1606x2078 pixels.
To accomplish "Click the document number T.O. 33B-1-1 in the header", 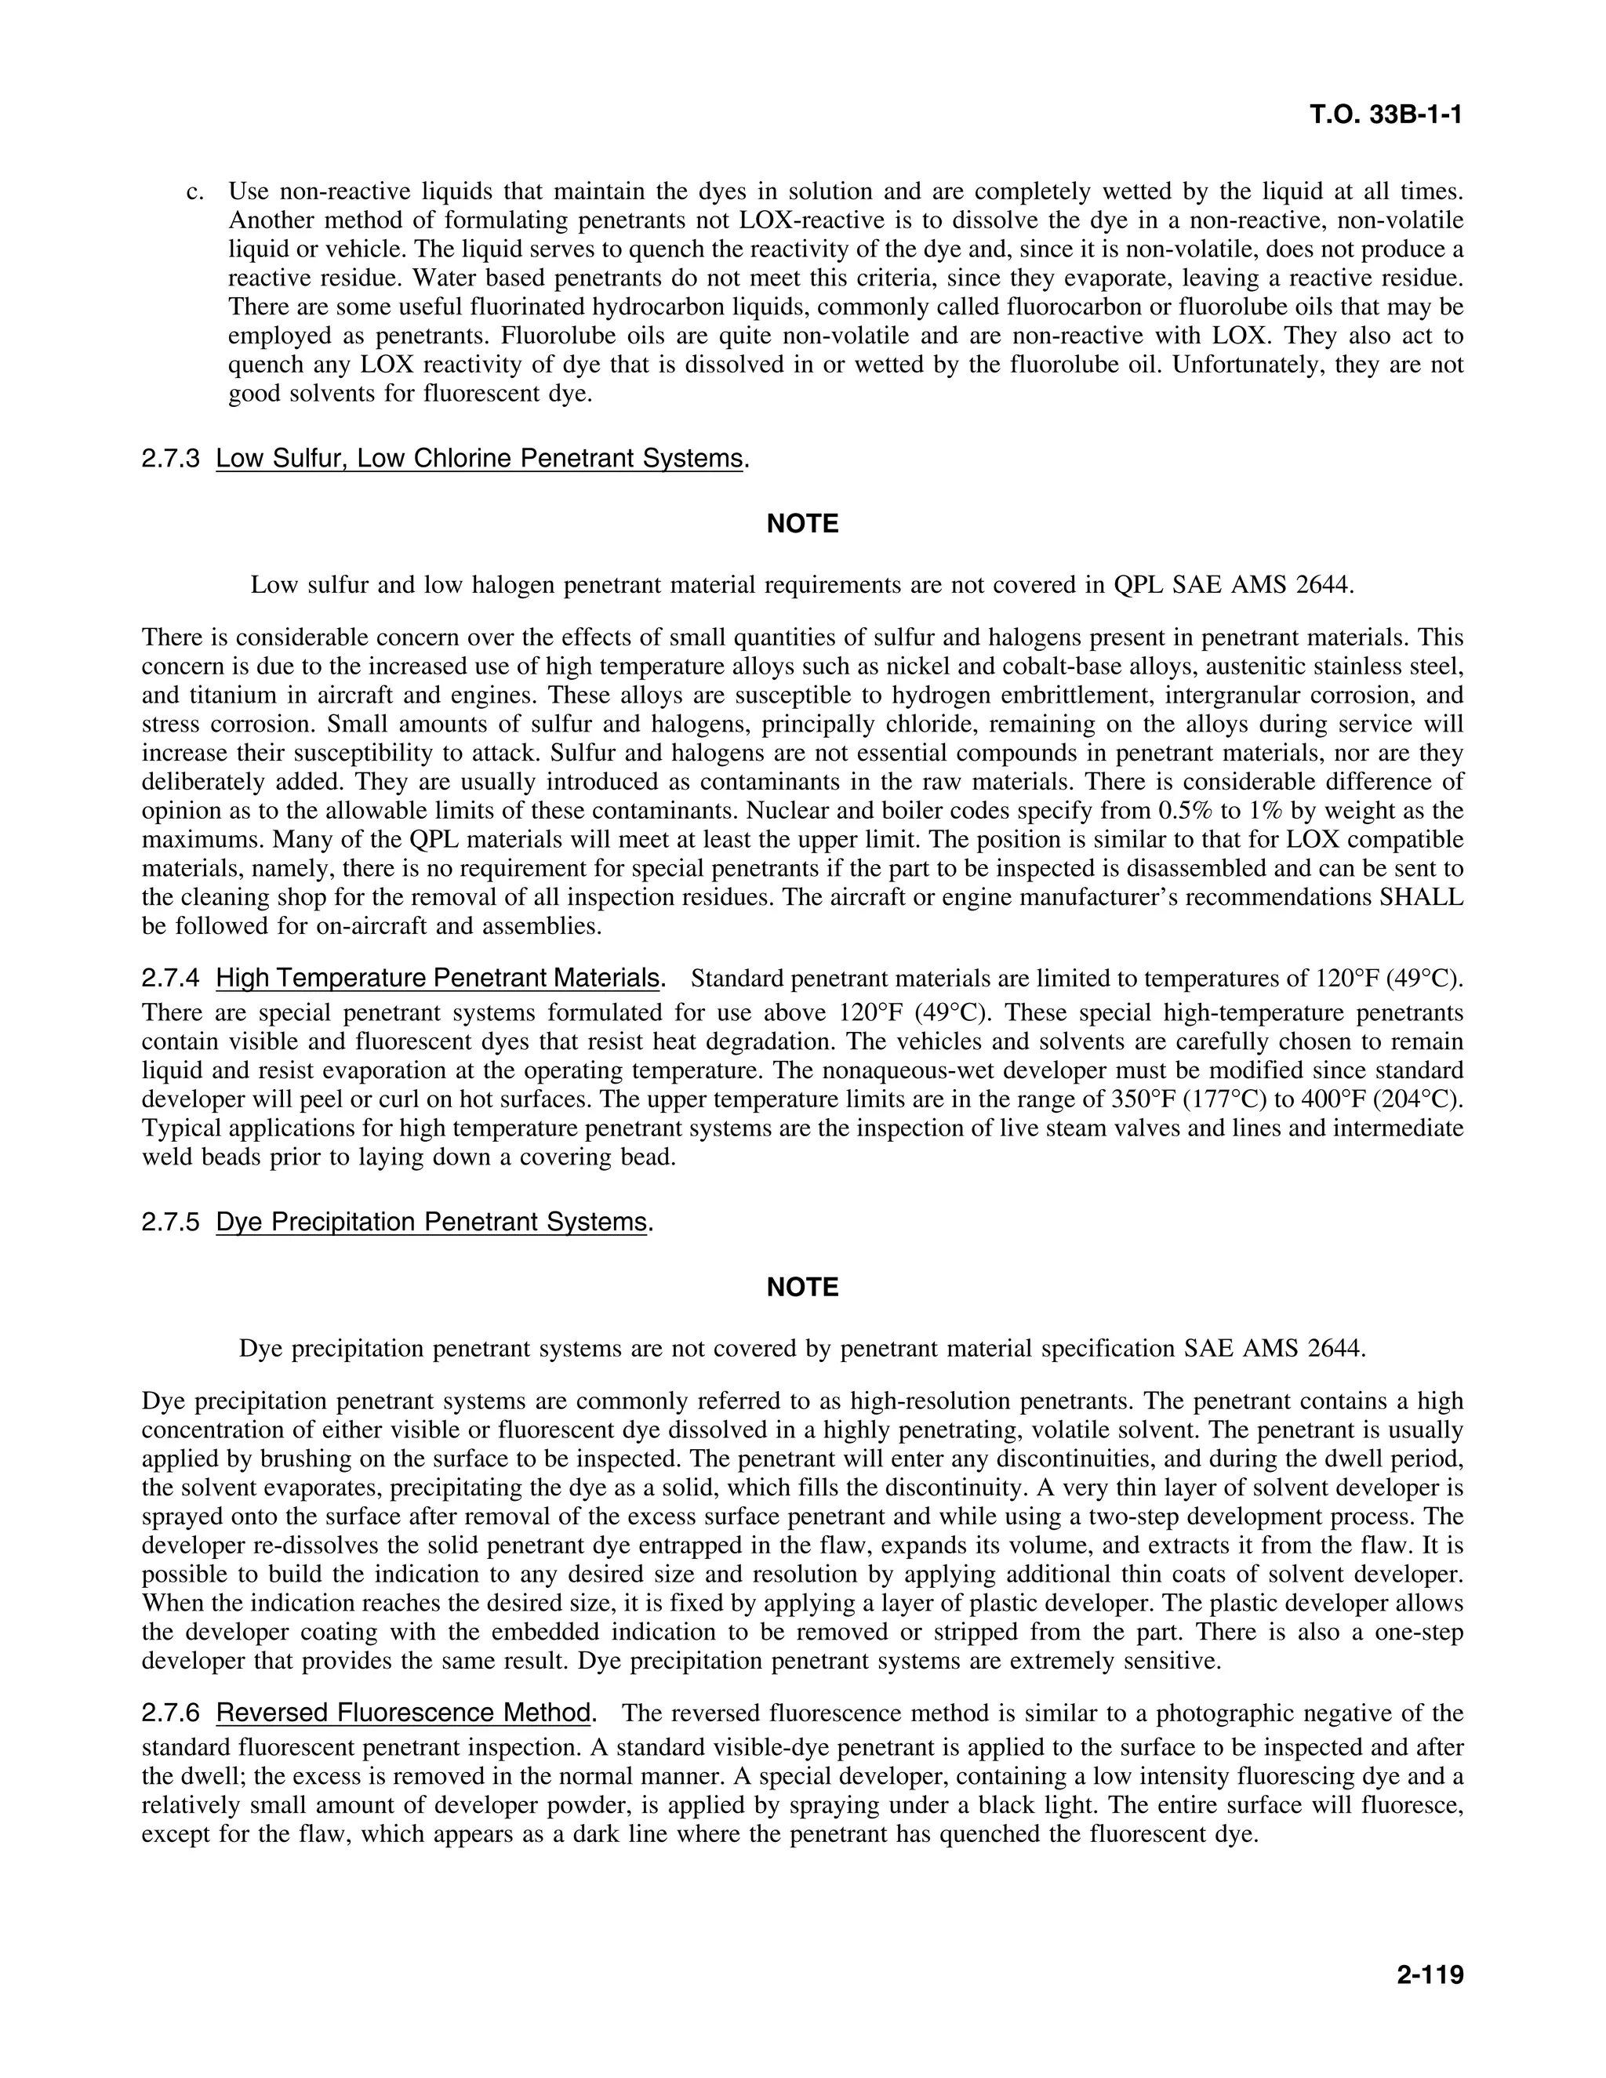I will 1386,115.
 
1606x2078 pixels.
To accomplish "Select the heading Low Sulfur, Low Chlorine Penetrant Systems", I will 478,459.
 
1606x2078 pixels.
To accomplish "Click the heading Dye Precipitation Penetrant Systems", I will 431,1222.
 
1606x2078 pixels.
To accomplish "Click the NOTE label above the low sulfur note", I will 802,525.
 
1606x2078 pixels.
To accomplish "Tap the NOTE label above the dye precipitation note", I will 802,1288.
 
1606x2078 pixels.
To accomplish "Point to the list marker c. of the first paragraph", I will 195,192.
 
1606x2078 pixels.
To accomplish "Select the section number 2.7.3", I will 171,459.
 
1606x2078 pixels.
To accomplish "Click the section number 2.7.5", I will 171,1222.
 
